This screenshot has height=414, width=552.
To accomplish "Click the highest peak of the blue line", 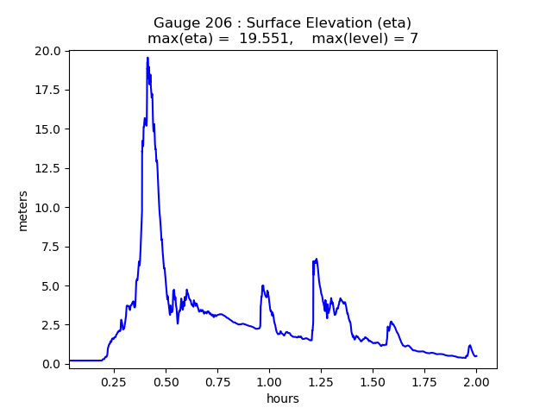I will pyautogui.click(x=147, y=58).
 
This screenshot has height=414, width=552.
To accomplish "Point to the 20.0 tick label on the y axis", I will pyautogui.click(x=48, y=51).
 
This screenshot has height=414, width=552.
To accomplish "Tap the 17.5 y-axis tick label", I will pyautogui.click(x=48, y=91).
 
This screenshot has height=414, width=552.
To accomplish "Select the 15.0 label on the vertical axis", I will pyautogui.click(x=48, y=129).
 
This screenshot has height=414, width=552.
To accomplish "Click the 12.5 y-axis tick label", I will pyautogui.click(x=48, y=168).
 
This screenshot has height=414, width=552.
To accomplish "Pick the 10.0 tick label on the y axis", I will pyautogui.click(x=48, y=208).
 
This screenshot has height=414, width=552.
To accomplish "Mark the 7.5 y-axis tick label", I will pyautogui.click(x=52, y=247).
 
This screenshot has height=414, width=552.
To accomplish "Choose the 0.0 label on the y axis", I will pyautogui.click(x=52, y=364).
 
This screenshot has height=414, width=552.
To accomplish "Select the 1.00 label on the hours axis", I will pyautogui.click(x=269, y=381).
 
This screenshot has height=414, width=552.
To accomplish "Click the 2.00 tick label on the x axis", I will pyautogui.click(x=477, y=381).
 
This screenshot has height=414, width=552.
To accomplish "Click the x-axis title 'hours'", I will pyautogui.click(x=282, y=399).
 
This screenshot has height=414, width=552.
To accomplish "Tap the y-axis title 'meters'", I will pyautogui.click(x=23, y=210).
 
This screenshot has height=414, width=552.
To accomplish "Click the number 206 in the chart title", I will pyautogui.click(x=218, y=22).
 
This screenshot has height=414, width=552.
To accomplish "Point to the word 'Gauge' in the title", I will pyautogui.click(x=175, y=22).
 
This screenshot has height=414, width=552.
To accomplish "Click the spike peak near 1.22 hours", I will pyautogui.click(x=317, y=259).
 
